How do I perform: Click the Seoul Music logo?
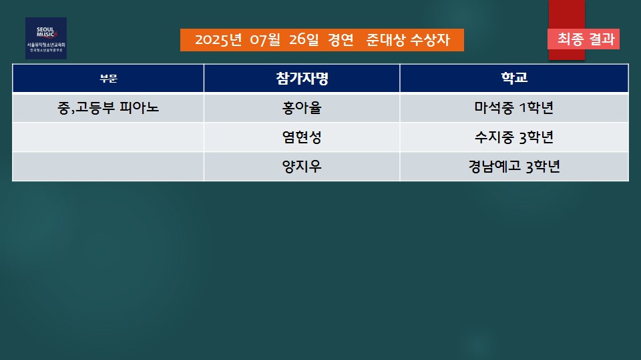tap(46, 39)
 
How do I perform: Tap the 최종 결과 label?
tap(586, 39)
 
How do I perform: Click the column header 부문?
tap(108, 79)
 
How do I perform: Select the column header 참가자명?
tap(302, 78)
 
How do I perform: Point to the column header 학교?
tap(514, 77)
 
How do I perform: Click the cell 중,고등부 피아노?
tap(108, 108)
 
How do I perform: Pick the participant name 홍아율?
tap(302, 108)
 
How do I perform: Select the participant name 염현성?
tap(302, 137)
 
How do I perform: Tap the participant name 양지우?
tap(302, 167)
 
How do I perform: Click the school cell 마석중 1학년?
tap(514, 108)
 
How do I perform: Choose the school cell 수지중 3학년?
tap(514, 137)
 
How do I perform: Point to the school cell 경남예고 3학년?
tap(514, 167)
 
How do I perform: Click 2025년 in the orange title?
tap(218, 40)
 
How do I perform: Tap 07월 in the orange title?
tap(265, 40)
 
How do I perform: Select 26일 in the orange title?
tap(304, 40)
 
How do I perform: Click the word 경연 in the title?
tap(341, 40)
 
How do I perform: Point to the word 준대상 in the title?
tap(385, 40)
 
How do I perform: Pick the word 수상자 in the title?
tap(430, 40)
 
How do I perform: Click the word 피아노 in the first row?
tap(139, 108)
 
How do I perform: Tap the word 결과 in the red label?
tap(602, 39)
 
